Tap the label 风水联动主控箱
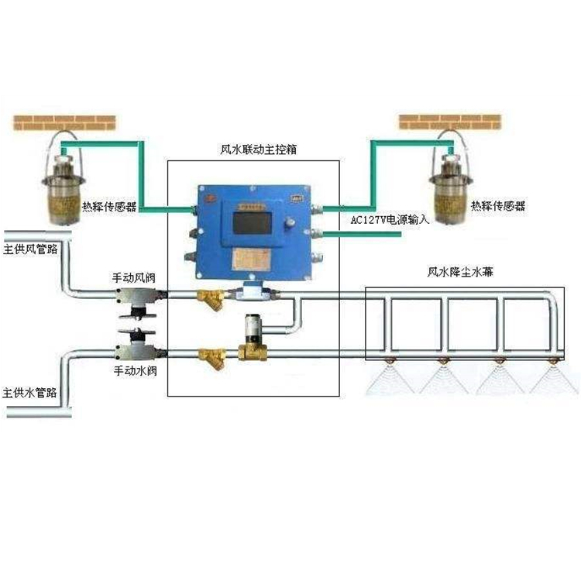[253, 150]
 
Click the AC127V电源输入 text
[390, 220]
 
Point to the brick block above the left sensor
[65, 122]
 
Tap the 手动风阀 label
[136, 277]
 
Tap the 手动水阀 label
[136, 371]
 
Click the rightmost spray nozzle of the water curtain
[554, 361]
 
